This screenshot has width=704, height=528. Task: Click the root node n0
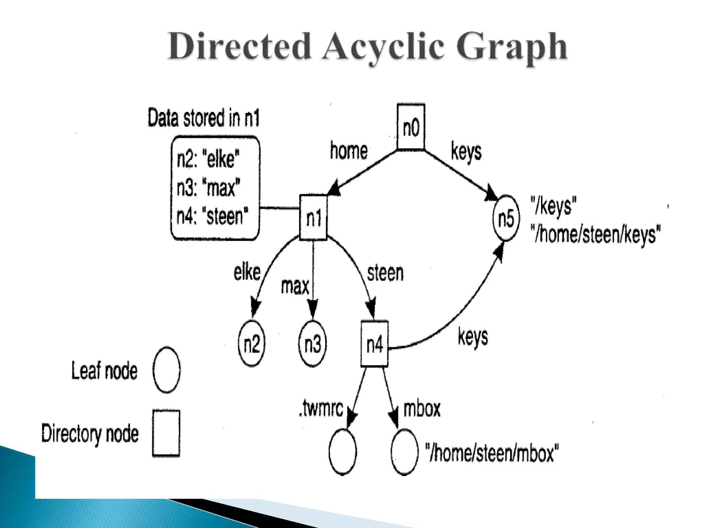411,127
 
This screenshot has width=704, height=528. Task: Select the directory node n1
313,217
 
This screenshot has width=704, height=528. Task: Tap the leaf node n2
252,343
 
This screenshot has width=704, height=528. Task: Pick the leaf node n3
312,343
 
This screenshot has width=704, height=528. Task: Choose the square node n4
374,344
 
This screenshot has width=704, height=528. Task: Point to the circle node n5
506,218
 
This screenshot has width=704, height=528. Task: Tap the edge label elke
247,272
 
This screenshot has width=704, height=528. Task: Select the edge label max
295,286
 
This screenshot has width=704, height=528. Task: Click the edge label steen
385,273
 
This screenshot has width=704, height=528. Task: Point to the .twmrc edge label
321,409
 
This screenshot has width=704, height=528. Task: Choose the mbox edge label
421,409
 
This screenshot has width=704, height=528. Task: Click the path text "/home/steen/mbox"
492,453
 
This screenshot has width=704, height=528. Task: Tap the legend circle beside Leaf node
166,370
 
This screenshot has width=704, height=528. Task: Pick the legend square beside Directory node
166,433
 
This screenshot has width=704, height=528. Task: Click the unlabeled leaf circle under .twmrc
342,452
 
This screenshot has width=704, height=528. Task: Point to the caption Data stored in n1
203,118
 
